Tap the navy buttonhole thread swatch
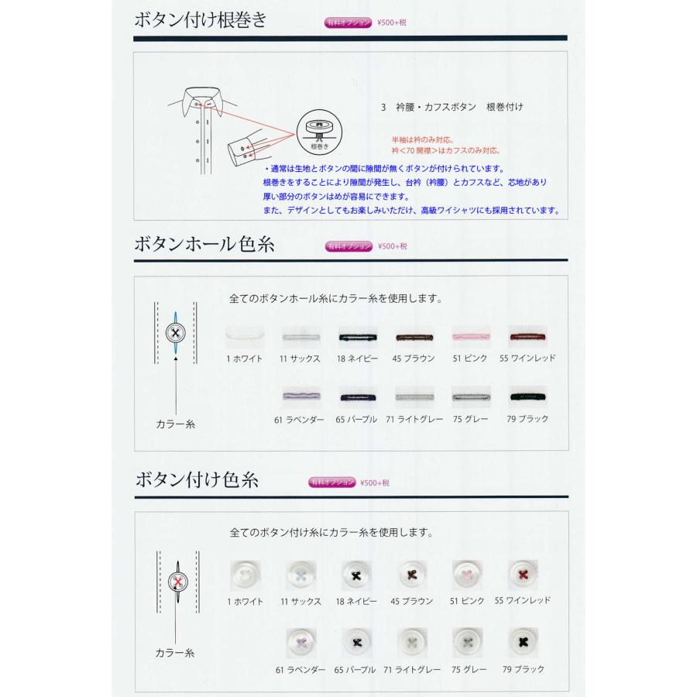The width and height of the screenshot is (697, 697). tap(357, 337)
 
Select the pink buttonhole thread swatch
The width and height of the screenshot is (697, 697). tap(471, 337)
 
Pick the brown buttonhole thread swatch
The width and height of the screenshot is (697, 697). tap(414, 337)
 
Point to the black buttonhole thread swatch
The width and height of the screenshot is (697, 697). tap(528, 397)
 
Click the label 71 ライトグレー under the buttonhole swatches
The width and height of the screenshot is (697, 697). tap(414, 419)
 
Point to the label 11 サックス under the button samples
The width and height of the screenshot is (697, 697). tap(300, 601)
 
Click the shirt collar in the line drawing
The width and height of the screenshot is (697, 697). tap(203, 99)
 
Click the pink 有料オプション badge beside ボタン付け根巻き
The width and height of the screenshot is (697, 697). tap(348, 22)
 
